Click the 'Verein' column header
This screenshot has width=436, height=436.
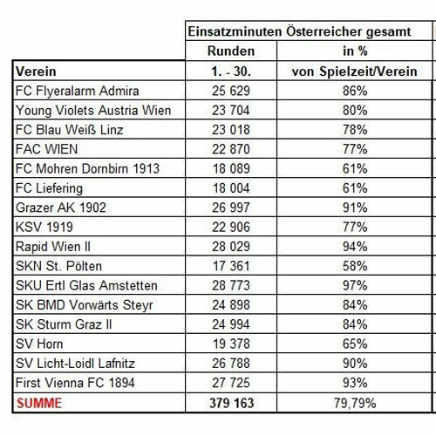click(36, 72)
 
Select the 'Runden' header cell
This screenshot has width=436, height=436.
click(231, 51)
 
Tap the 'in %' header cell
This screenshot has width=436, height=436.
click(355, 51)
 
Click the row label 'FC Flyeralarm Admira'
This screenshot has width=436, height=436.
click(78, 91)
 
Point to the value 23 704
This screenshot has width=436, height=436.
click(231, 111)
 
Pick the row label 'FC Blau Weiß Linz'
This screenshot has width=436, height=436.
click(70, 130)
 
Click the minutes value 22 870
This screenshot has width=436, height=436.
click(231, 149)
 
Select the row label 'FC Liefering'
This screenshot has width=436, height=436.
click(49, 188)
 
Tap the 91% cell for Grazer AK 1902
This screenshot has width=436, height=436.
click(355, 208)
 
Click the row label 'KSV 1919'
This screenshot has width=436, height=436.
click(44, 227)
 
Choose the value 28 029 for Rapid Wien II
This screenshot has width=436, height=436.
click(231, 247)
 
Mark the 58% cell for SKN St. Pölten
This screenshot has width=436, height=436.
click(355, 266)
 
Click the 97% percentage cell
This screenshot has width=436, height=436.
click(355, 286)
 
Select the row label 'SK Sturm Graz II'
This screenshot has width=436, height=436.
click(64, 324)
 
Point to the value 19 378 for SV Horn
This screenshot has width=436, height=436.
click(231, 344)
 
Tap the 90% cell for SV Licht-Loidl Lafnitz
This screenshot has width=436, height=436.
click(355, 364)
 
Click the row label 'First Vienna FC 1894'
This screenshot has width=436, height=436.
click(75, 383)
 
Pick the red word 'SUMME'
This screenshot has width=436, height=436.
click(39, 403)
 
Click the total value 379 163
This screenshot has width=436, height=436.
click(232, 403)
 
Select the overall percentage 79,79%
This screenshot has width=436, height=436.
click(355, 404)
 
